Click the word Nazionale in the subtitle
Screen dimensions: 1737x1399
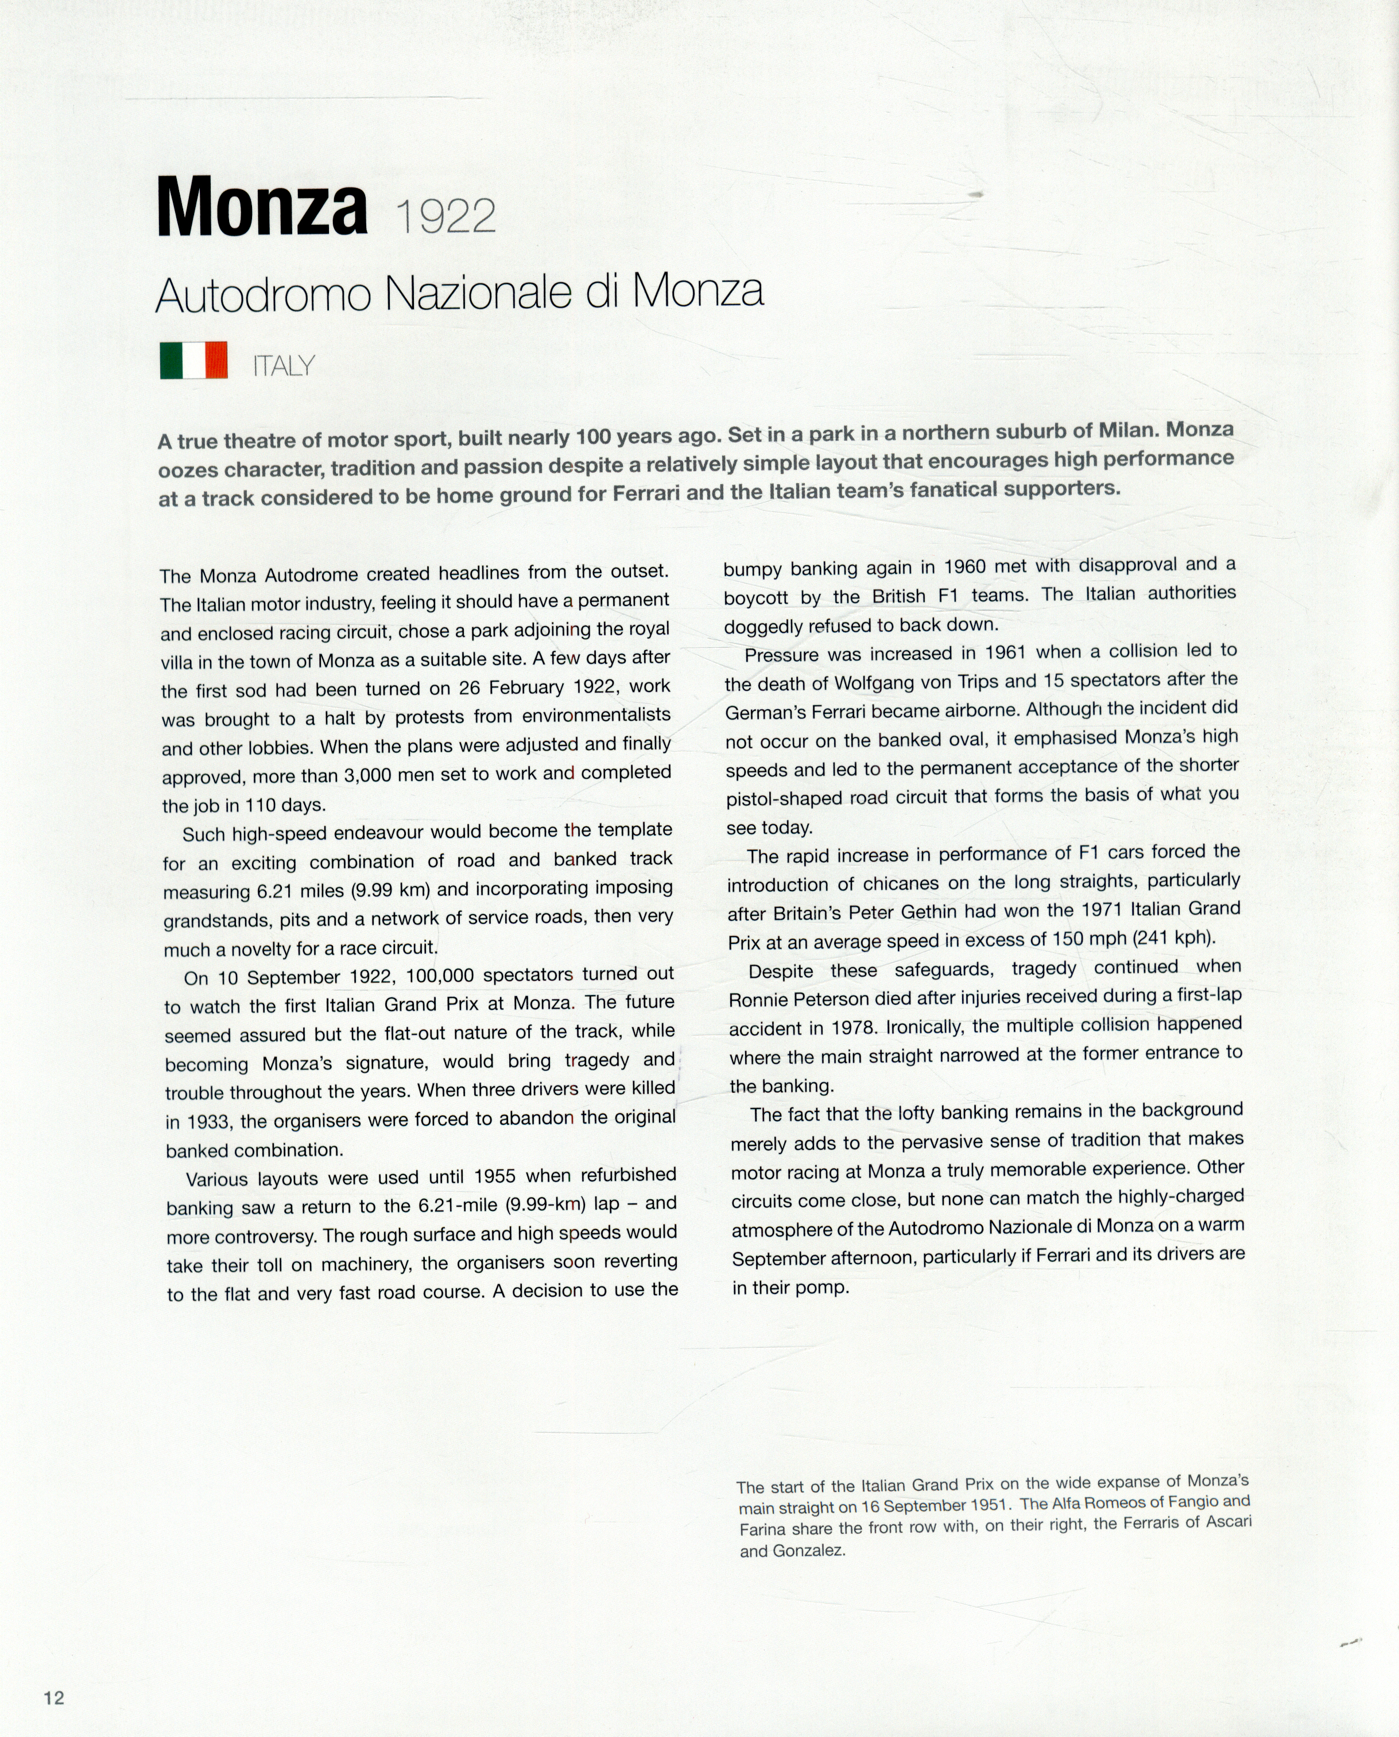coord(482,293)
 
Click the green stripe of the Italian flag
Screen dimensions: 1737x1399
coord(171,360)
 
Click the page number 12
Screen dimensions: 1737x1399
coord(54,1697)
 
